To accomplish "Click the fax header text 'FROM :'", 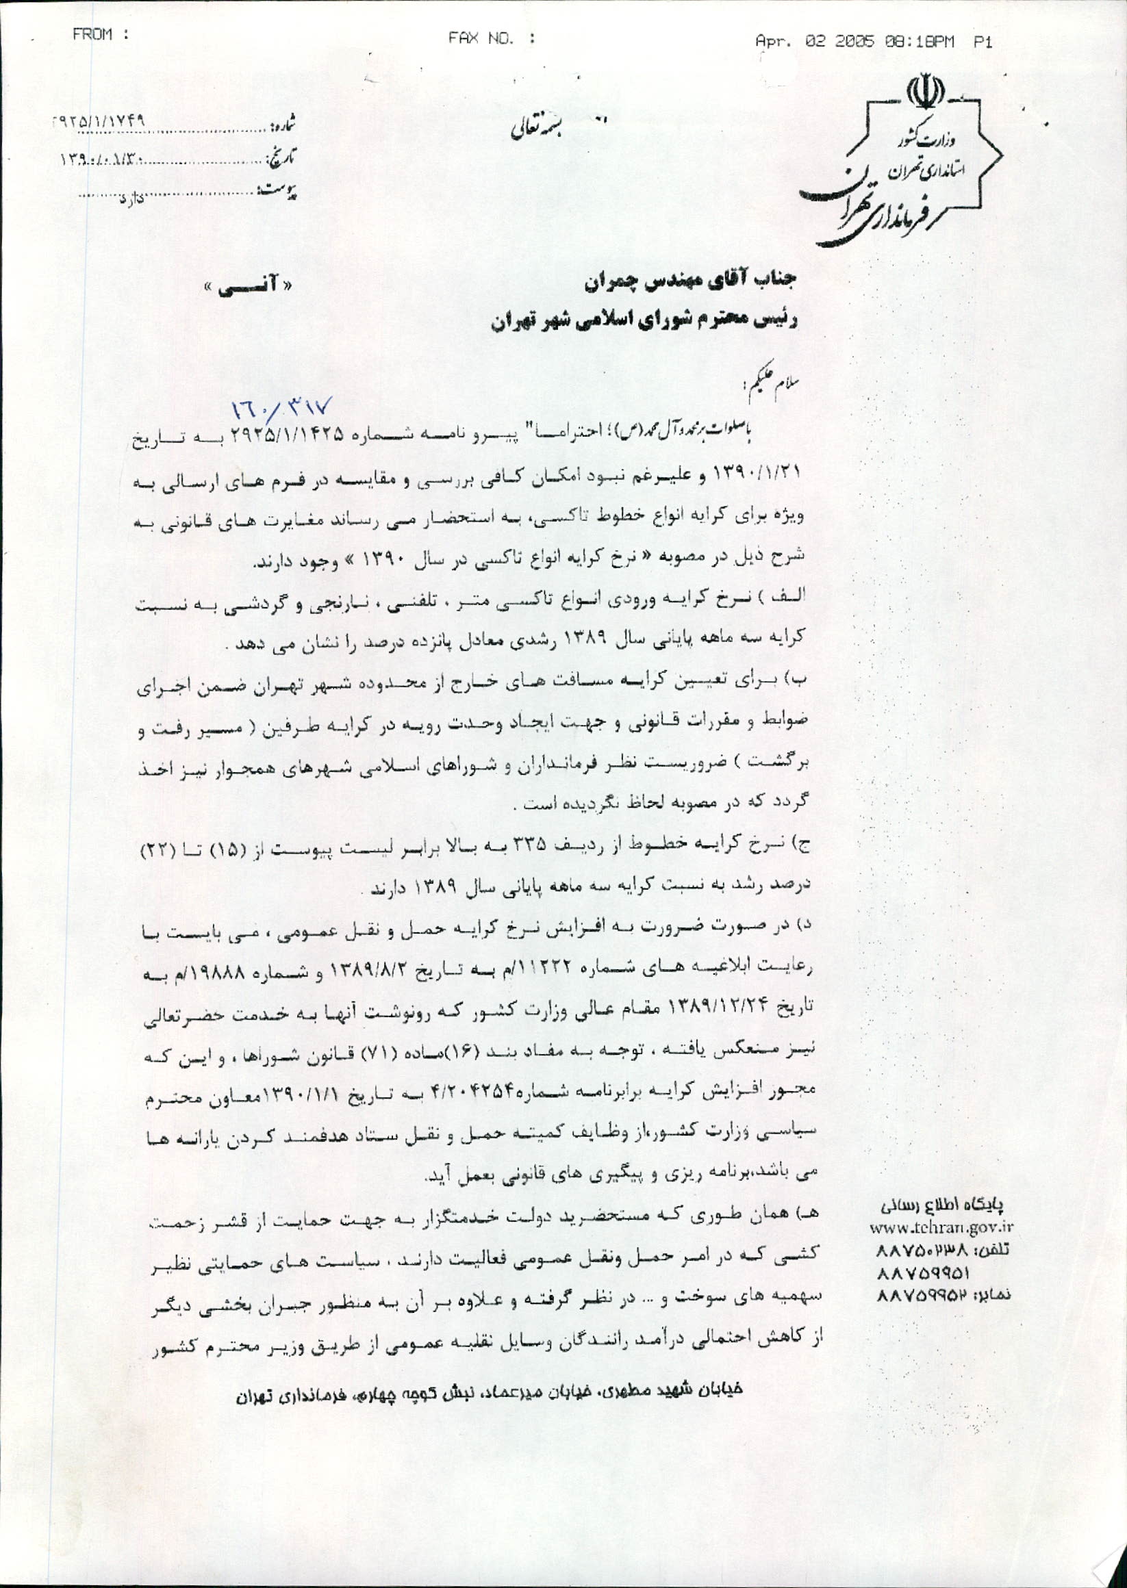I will (102, 35).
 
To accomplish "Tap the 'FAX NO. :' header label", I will (491, 39).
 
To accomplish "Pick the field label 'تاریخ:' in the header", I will (282, 157).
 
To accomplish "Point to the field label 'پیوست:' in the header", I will (278, 188).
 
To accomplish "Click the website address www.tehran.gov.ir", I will (941, 1227).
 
